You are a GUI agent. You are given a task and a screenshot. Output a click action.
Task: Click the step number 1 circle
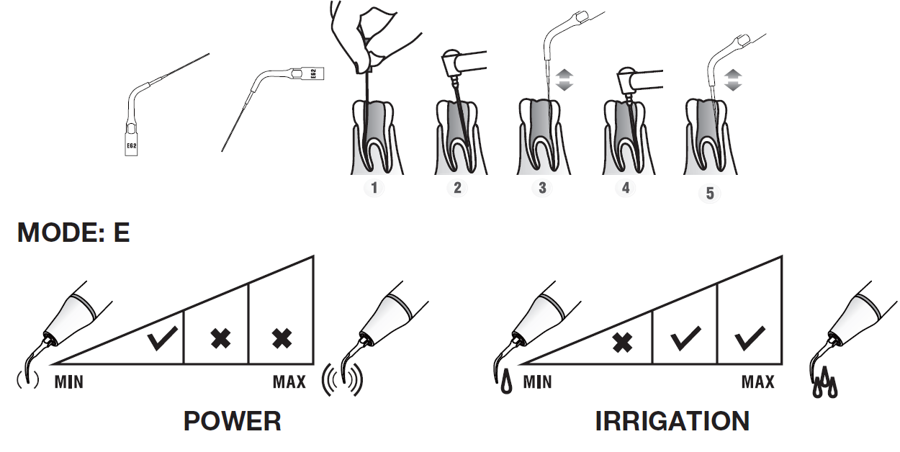click(374, 189)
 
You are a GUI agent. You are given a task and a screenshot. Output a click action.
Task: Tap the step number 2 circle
click(457, 189)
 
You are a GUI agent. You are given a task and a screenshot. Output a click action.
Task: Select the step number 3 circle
click(542, 189)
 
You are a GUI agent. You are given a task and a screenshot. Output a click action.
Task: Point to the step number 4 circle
click(626, 189)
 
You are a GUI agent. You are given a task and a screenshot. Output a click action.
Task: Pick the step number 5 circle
click(710, 194)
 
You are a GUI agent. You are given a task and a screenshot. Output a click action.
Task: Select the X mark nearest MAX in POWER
click(282, 339)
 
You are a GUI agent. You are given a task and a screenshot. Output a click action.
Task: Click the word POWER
click(232, 421)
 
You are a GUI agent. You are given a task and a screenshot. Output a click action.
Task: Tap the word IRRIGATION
click(672, 421)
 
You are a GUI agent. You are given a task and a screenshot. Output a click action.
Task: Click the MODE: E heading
click(73, 232)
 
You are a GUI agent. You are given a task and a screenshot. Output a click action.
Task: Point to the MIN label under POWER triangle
click(68, 381)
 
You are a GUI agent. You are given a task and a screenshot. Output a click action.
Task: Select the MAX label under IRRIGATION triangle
click(757, 381)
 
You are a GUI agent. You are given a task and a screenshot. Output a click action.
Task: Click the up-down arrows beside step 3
click(564, 80)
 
